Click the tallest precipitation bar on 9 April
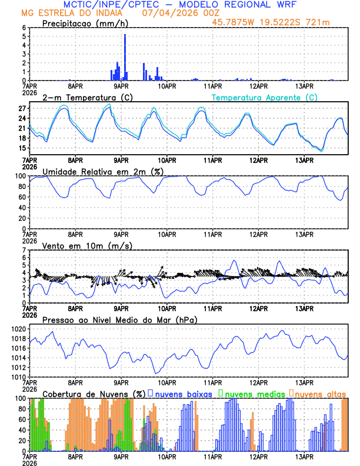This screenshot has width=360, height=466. (x=125, y=57)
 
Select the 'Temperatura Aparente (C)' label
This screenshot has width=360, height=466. (x=265, y=97)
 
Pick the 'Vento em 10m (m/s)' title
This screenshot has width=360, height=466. (x=79, y=245)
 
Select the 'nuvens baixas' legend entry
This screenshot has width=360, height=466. (x=183, y=393)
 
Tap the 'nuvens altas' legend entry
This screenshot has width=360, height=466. (x=321, y=393)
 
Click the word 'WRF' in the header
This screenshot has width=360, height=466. (x=291, y=5)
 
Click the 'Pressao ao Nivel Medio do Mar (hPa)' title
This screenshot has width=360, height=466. (x=120, y=319)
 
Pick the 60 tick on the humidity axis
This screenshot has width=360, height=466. (x=22, y=197)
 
